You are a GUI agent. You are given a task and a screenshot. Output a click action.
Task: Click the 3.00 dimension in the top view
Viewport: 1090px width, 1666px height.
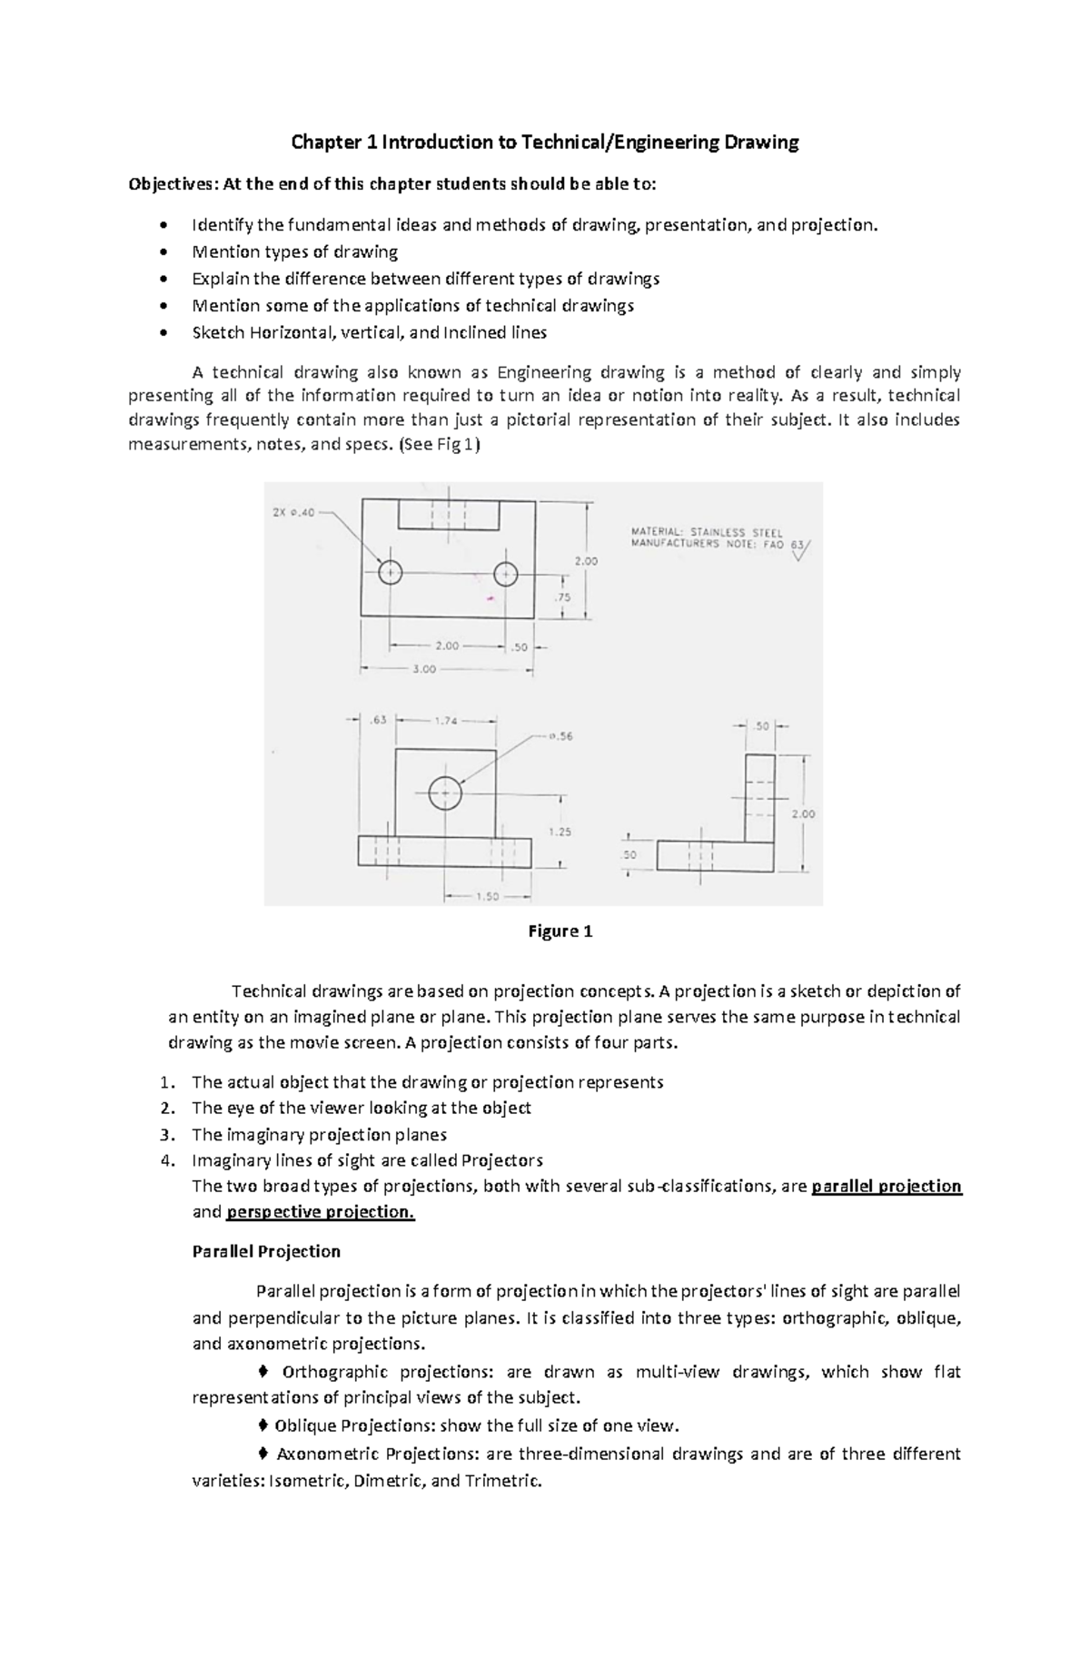424,669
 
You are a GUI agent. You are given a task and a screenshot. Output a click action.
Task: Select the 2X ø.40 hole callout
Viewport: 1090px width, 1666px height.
293,513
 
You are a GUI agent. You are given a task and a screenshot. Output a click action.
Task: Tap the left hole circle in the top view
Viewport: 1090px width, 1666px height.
391,573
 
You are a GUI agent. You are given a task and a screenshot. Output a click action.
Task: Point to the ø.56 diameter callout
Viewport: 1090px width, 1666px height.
560,736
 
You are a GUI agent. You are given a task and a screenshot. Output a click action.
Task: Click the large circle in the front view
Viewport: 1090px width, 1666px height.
445,793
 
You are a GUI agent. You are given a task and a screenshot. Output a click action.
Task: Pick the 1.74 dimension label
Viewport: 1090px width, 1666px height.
446,721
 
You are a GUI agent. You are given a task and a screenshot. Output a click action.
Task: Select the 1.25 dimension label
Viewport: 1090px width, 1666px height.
560,832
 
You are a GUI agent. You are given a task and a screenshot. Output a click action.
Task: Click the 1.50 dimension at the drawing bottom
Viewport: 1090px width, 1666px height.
487,896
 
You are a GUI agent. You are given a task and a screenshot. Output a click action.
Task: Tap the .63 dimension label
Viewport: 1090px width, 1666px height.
378,721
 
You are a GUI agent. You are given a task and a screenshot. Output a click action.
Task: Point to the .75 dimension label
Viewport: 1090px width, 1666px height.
563,597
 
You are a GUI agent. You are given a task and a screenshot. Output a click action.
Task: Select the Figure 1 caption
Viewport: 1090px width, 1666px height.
560,932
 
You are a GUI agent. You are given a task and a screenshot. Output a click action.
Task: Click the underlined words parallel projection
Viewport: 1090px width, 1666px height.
887,1186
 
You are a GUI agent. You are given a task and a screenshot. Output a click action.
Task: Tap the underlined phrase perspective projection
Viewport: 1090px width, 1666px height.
320,1212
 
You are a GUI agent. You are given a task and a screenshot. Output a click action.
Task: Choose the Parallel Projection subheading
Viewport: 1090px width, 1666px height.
266,1251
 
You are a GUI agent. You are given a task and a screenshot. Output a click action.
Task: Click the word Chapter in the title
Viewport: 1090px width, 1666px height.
318,143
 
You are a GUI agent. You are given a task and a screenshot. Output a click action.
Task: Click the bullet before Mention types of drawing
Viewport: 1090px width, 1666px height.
163,252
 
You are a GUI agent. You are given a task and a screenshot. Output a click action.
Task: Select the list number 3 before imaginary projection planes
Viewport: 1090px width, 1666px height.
165,1135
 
